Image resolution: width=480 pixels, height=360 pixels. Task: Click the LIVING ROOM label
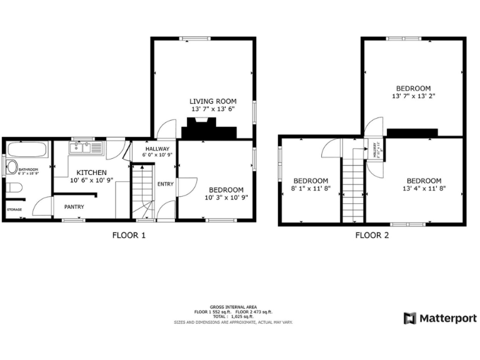click(x=212, y=101)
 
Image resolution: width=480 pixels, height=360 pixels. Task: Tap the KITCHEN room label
click(x=91, y=172)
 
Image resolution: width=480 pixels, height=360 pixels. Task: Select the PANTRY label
click(x=74, y=207)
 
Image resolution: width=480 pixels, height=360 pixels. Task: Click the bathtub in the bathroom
click(x=27, y=151)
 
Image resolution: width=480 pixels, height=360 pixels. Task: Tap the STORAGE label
click(x=14, y=209)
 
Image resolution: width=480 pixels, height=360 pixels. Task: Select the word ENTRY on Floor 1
click(x=166, y=184)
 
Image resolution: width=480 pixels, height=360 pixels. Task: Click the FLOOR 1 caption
click(x=129, y=236)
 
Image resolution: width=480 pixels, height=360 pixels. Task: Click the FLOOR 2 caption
click(x=372, y=236)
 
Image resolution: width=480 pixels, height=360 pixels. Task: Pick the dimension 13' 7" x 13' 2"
click(x=412, y=96)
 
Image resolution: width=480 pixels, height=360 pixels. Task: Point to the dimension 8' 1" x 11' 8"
click(x=311, y=187)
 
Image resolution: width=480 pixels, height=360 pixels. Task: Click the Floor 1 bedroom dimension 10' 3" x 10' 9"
click(x=226, y=197)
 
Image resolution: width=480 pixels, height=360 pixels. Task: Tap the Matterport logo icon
click(x=410, y=319)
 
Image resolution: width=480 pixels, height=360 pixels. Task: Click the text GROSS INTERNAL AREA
click(x=232, y=307)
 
